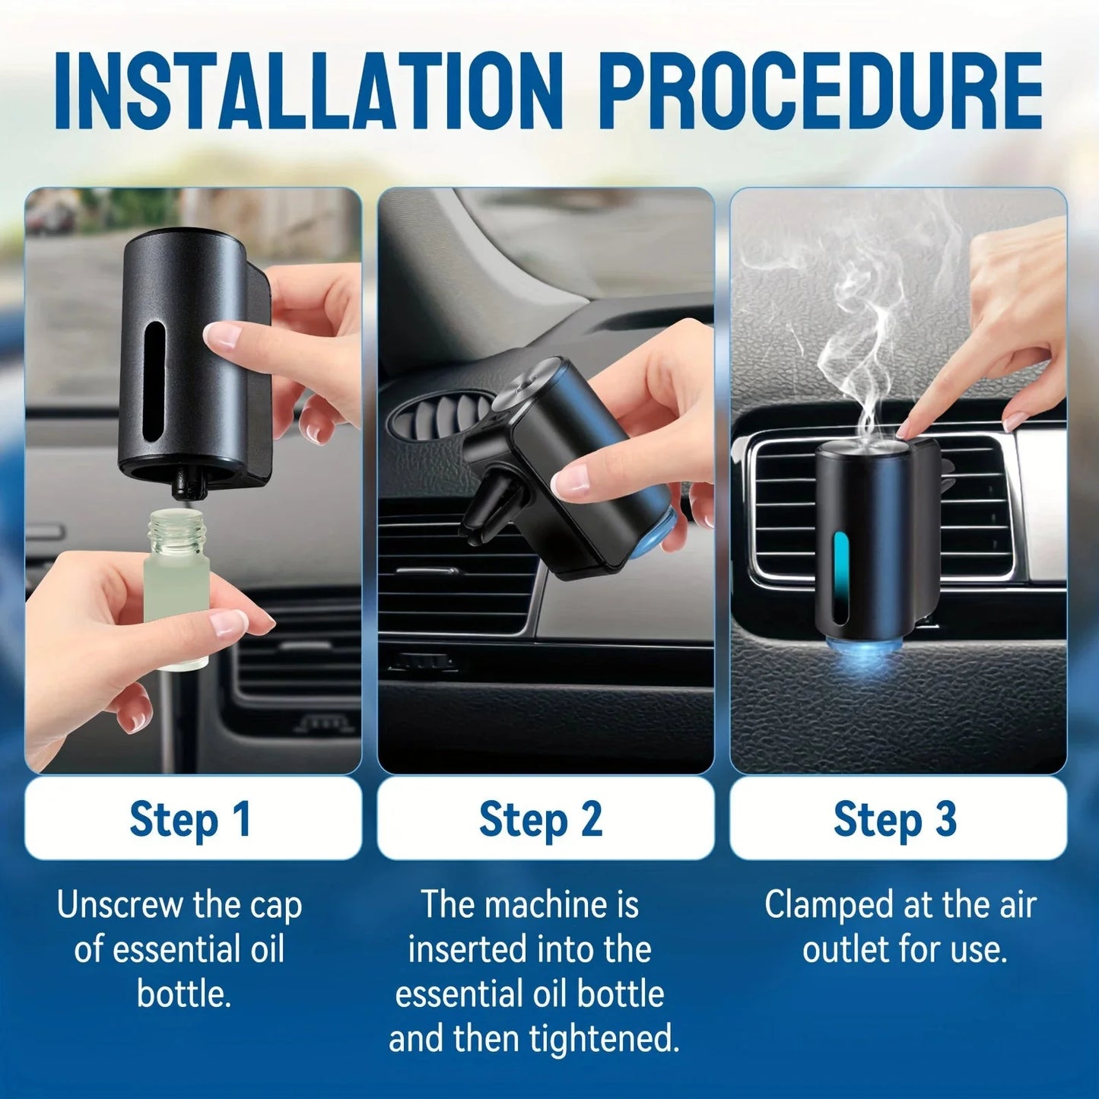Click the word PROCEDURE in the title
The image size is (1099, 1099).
pos(821,91)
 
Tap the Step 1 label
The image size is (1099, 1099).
pos(191,820)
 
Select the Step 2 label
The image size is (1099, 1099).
pos(542,820)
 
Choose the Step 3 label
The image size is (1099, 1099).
pos(896,820)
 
